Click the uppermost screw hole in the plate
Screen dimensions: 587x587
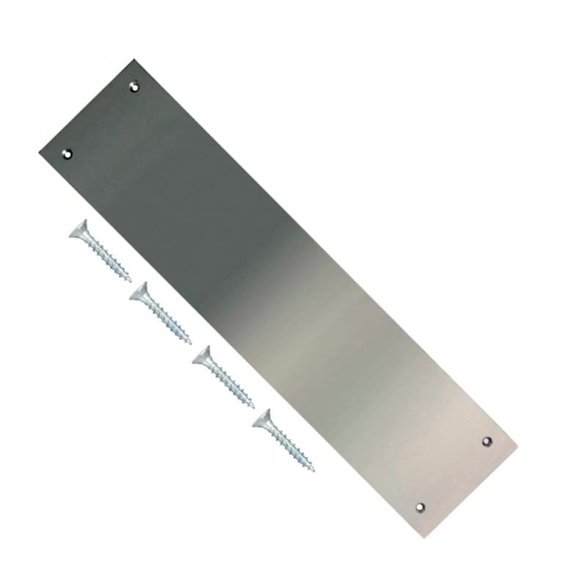(134, 87)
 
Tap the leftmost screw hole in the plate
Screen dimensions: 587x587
(68, 153)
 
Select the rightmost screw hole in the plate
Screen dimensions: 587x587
(487, 441)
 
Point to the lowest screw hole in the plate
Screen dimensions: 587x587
(420, 506)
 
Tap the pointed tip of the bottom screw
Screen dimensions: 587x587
(315, 470)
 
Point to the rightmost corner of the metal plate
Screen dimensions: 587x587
(518, 444)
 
